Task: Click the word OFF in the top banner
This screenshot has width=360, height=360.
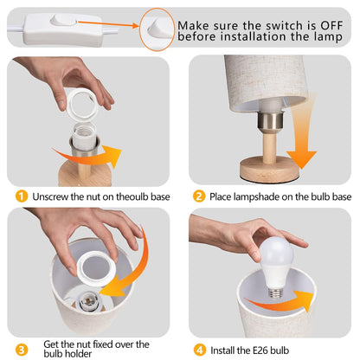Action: coord(331,25)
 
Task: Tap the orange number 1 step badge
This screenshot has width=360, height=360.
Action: coord(22,196)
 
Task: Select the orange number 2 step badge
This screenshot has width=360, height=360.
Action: coord(199,196)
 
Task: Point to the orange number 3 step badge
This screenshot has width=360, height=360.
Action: coord(22,350)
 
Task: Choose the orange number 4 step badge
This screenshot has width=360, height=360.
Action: coord(199,350)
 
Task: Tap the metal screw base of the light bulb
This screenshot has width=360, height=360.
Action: coord(275,292)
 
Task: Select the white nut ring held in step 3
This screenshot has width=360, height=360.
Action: coord(96,268)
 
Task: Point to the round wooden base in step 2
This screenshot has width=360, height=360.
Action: coord(269,170)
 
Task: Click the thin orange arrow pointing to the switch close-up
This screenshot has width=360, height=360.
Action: coord(108,24)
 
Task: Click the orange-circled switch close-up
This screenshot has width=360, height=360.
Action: coord(157,29)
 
